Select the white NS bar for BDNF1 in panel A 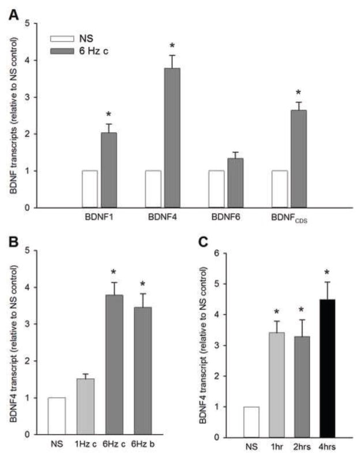pos(89,189)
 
